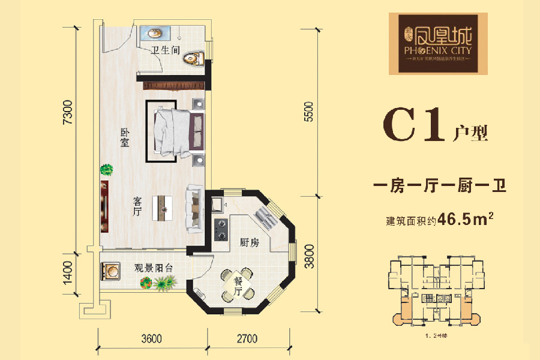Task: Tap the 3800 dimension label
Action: coord(309,256)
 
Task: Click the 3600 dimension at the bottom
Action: coord(152,338)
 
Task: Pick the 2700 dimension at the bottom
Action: coord(247,338)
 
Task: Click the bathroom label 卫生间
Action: coord(165,50)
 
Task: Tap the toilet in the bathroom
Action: coord(193,58)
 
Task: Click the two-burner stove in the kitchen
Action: coord(220,227)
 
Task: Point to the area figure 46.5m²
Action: coord(466,219)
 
